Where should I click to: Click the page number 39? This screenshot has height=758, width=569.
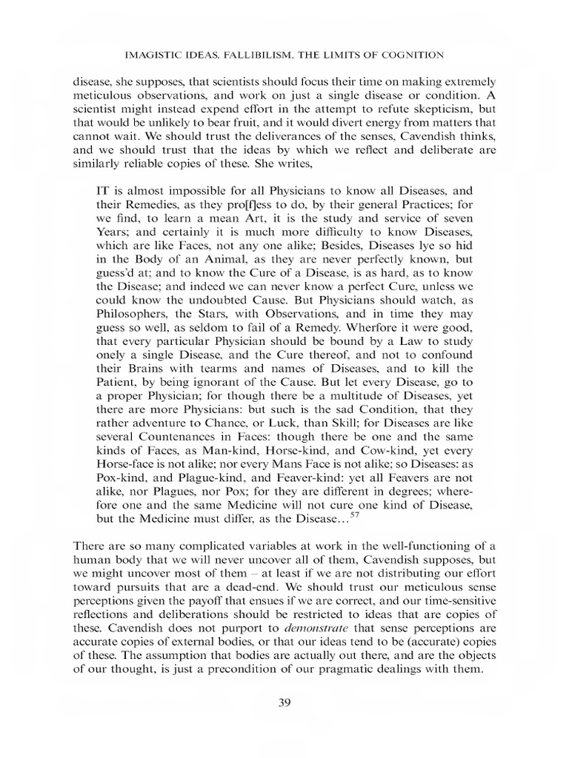pos(284,702)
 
